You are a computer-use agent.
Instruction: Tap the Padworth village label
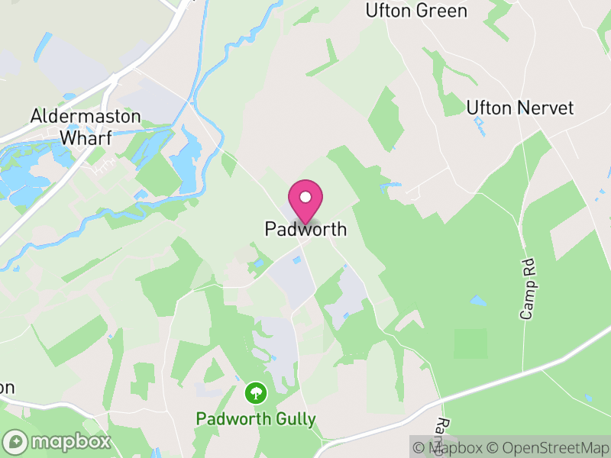(305, 229)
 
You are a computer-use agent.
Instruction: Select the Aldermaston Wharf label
(86, 127)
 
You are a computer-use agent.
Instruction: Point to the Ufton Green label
(416, 11)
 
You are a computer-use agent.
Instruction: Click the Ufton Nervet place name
(519, 108)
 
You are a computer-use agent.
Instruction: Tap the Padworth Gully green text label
(256, 419)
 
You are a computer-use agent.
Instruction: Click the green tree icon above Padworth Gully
(255, 393)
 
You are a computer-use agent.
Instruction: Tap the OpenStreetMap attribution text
(548, 447)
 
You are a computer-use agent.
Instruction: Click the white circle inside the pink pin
(305, 197)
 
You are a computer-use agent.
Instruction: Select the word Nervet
(545, 108)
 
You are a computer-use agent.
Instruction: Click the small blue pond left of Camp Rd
(477, 301)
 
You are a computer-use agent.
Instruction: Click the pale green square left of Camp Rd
(470, 343)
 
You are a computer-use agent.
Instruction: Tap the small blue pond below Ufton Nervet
(479, 124)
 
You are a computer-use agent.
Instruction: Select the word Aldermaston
(86, 117)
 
